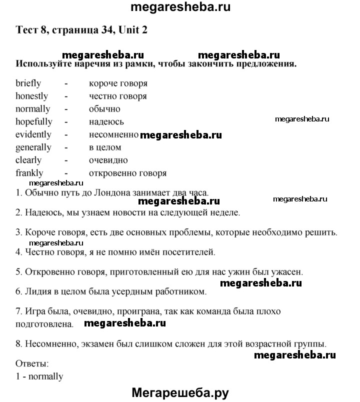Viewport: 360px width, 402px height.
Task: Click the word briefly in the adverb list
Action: [x=28, y=83]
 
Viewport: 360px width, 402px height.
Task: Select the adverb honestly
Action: [x=31, y=96]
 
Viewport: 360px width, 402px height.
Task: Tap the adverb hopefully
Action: [x=33, y=121]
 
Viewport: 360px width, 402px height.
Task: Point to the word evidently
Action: [x=33, y=134]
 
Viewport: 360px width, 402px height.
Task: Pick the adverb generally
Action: [x=33, y=147]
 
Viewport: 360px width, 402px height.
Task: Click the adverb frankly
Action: [x=29, y=173]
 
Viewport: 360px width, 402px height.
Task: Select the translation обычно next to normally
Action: [x=104, y=109]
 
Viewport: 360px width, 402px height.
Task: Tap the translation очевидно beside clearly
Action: [x=108, y=160]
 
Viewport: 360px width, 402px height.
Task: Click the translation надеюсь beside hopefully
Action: [x=106, y=121]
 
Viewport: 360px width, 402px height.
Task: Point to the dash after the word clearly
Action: [x=66, y=160]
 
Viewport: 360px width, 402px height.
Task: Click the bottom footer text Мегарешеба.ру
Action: [x=180, y=393]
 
